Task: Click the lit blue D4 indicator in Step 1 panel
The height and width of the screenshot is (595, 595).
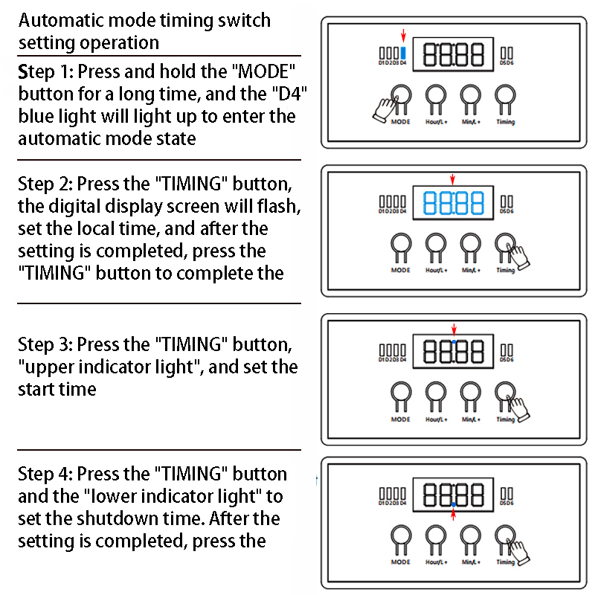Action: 403,54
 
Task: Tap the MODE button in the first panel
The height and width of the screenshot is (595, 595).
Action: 401,94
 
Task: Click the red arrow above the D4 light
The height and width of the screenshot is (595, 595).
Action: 403,36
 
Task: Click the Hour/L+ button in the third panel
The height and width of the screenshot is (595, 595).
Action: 435,392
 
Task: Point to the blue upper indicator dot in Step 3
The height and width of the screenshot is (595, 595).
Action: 454,338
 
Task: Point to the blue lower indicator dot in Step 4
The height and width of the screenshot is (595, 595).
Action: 454,505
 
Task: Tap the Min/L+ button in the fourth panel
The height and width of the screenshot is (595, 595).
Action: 470,535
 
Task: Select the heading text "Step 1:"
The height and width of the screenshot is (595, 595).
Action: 45,72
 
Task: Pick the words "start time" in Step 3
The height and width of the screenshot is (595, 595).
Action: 57,389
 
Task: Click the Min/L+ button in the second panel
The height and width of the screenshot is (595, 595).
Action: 470,243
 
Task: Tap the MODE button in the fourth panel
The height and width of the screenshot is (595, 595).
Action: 401,535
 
